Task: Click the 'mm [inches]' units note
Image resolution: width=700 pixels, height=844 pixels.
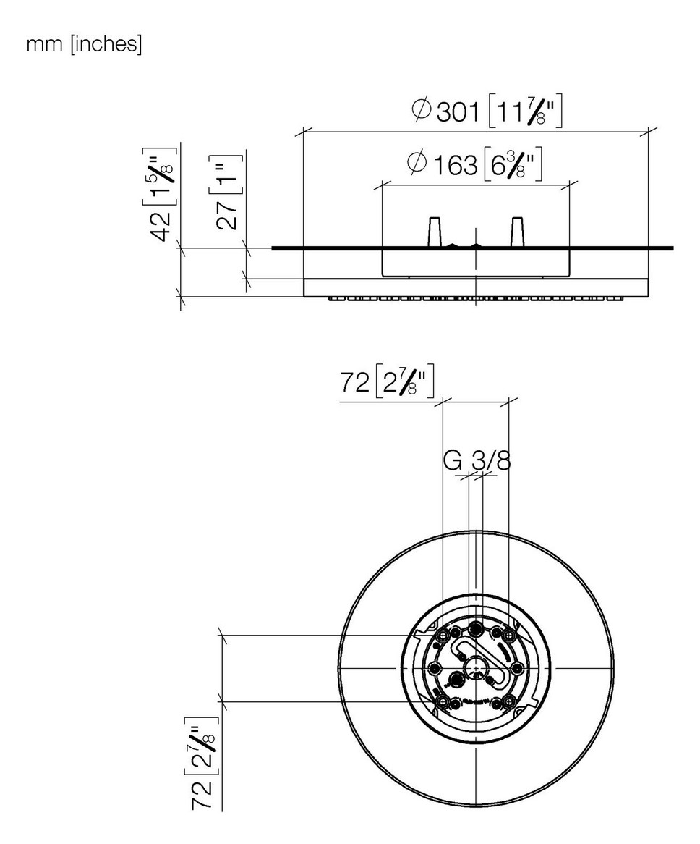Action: point(84,45)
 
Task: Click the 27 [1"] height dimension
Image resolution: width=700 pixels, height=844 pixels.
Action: point(226,191)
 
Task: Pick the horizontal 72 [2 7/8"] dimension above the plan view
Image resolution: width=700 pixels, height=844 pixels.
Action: point(387,383)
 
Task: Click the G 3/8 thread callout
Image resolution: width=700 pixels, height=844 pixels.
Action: point(476,460)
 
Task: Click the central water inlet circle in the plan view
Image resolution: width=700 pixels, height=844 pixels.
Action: point(475,667)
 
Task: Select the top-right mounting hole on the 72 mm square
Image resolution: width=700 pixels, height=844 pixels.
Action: point(509,634)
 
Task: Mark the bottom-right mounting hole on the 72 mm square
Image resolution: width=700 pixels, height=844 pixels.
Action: point(509,701)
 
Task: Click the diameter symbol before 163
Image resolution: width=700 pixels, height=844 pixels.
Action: point(417,164)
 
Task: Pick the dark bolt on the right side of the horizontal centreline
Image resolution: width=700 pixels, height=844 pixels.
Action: point(518,667)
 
